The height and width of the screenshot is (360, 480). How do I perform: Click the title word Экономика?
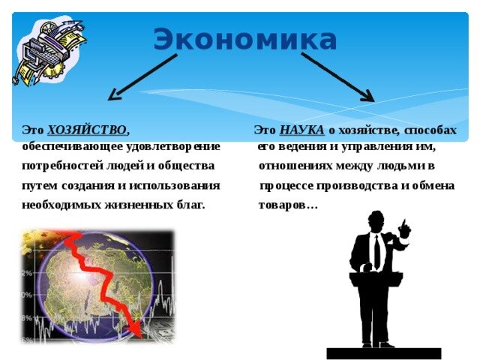[x=245, y=39]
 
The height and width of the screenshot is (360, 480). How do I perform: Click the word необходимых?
[x=57, y=204]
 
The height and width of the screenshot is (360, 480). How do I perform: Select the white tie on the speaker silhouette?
[x=376, y=251]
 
